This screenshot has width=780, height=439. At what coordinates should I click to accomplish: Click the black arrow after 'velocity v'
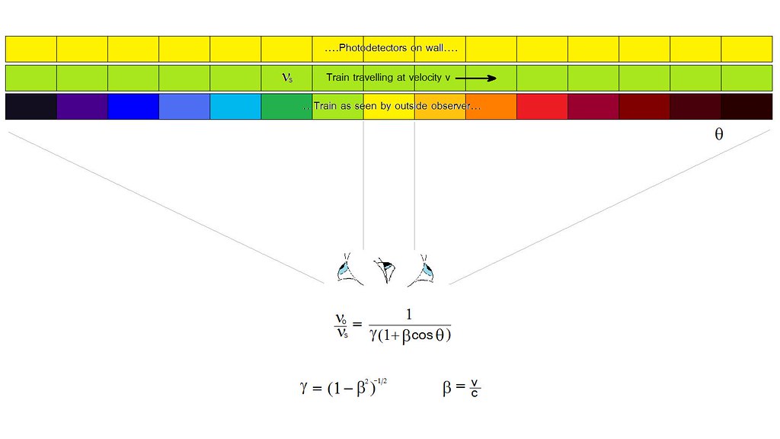click(476, 78)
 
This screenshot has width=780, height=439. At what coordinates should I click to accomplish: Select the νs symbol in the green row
click(287, 78)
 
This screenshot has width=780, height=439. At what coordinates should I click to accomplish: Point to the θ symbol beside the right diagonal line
click(719, 134)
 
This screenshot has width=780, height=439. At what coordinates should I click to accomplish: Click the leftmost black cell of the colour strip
click(30, 107)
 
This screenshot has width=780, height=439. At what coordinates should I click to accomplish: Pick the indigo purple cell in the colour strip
click(82, 107)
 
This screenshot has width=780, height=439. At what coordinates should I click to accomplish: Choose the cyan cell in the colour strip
click(235, 107)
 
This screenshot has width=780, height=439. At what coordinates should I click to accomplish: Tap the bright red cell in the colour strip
click(542, 107)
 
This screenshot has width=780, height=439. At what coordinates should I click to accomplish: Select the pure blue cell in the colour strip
click(133, 107)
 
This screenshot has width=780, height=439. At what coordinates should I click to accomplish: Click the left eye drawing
click(349, 269)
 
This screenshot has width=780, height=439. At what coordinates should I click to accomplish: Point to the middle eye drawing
click(385, 271)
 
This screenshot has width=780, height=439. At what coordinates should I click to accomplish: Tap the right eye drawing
click(422, 270)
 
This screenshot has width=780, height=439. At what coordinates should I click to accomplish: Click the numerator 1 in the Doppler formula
click(409, 315)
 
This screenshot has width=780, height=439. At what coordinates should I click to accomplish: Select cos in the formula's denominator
click(422, 335)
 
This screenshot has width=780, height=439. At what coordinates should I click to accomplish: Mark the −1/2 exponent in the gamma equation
click(380, 382)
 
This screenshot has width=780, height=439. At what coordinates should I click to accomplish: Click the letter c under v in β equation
click(475, 393)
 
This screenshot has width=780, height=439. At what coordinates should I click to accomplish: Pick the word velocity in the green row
click(425, 77)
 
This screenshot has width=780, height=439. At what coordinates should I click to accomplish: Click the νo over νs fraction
click(341, 326)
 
